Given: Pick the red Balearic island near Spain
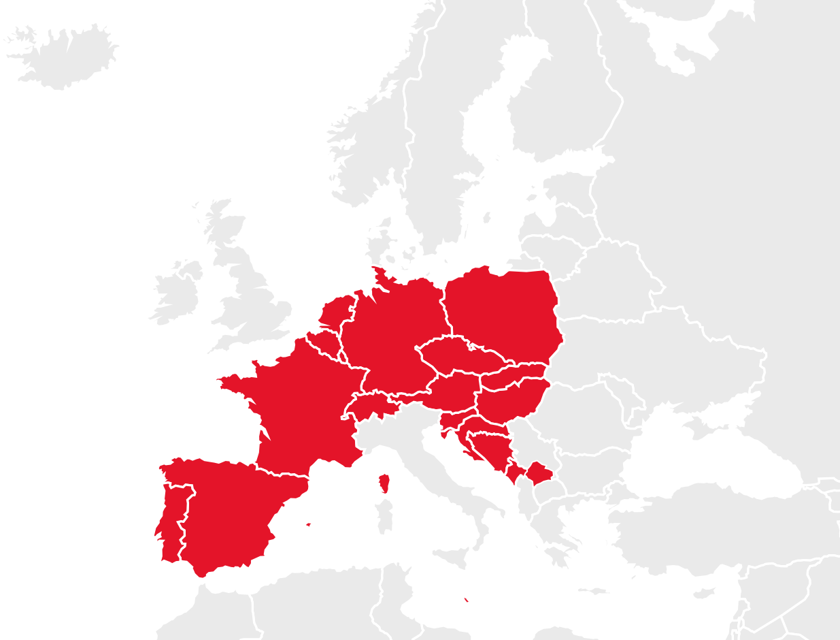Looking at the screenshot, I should click(313, 524).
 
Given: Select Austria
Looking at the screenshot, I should click(452, 394).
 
